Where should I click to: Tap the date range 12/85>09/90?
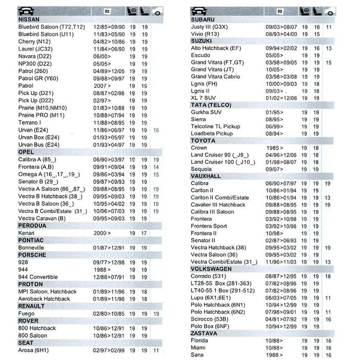click(x=109, y=27)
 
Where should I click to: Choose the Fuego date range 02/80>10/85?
click(x=109, y=313)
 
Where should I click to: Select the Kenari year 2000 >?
click(x=102, y=233)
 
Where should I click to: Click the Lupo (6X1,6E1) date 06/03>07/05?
click(x=281, y=297)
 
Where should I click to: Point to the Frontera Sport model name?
click(x=208, y=226)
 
